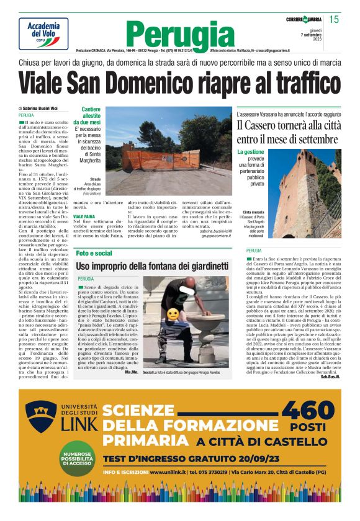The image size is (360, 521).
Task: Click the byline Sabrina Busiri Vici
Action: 40,109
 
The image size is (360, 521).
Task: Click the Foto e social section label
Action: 94,253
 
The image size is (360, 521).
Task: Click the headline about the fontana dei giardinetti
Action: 153,266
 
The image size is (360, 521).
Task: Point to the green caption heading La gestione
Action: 250,152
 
